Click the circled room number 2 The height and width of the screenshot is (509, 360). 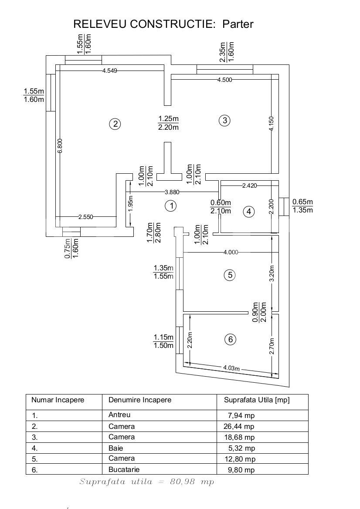pos(115,124)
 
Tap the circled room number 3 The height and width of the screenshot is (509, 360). pos(224,121)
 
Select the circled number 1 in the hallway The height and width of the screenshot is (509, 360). pos(171,206)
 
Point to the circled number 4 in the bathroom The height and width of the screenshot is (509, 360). pos(249,212)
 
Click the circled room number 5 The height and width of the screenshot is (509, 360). pos(229,275)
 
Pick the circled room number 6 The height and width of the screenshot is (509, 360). pos(230,340)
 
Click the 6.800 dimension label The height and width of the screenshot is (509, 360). pos(60,146)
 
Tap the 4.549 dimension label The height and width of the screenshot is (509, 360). pos(109,71)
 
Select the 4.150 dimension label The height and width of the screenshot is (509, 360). pos(272,124)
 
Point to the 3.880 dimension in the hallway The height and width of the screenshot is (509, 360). pos(172,192)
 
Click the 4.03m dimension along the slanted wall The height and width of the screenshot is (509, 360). pos(231,368)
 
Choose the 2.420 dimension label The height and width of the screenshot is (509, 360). pos(250,185)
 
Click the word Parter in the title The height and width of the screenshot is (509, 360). pos(238,24)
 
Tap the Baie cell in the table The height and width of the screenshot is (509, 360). pos(116,448)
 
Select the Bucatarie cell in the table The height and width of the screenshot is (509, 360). pos(124,469)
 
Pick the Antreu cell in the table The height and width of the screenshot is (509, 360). pos(119,415)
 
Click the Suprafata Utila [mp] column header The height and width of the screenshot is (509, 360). pos(256,400)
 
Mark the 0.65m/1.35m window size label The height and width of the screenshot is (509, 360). pos(302,206)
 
